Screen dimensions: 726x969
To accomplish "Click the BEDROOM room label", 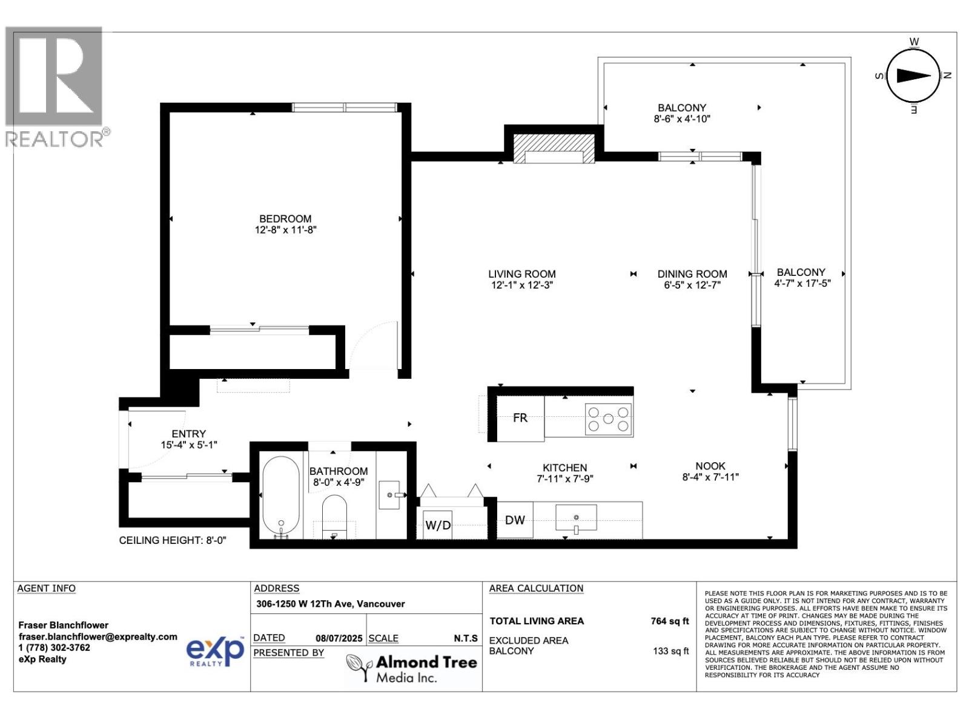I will point(285,218).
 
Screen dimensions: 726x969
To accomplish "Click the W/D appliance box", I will point(438,525).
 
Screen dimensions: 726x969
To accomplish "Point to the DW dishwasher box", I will point(515,520).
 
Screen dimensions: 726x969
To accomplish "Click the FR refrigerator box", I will point(520,417).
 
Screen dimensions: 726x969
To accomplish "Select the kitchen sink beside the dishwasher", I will point(576,518).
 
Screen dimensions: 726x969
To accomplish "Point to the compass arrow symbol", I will point(913,76).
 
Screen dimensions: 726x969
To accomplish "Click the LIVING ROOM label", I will point(522,273).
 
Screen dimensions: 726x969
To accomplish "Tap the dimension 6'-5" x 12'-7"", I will point(692,285).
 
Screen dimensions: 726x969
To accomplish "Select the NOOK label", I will point(710,466).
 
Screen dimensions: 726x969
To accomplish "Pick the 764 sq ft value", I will point(669,621).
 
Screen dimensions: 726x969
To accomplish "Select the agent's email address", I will point(98,636).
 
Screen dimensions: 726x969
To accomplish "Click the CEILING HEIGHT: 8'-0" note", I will point(173,540).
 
